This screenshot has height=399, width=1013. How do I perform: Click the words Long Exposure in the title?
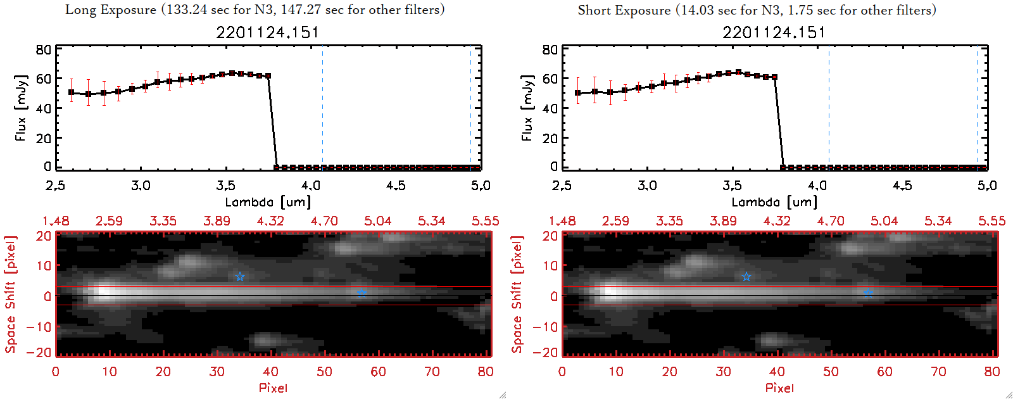point(111,9)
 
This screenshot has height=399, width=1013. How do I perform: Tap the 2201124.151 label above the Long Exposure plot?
point(268,32)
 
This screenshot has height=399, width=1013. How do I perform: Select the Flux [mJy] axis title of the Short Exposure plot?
point(527,108)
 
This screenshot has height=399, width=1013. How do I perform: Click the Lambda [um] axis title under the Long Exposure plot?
point(268,202)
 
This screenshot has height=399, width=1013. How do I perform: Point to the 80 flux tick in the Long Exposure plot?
point(44,50)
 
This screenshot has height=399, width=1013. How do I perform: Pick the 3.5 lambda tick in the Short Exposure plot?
point(732,186)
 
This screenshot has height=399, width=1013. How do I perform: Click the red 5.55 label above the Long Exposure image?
point(485,221)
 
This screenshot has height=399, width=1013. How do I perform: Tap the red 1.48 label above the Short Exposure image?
point(562,221)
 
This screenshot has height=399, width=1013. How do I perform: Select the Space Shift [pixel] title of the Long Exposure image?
point(10,294)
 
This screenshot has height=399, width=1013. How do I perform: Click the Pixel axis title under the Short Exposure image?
point(779,388)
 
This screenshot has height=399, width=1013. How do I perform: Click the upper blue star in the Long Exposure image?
point(240,277)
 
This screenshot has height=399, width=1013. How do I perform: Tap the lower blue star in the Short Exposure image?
point(868,293)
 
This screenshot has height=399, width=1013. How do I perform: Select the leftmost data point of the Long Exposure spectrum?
point(72,92)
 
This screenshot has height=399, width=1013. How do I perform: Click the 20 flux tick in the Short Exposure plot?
point(550,138)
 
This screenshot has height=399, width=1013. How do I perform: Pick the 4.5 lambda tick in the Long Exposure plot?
point(396,186)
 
